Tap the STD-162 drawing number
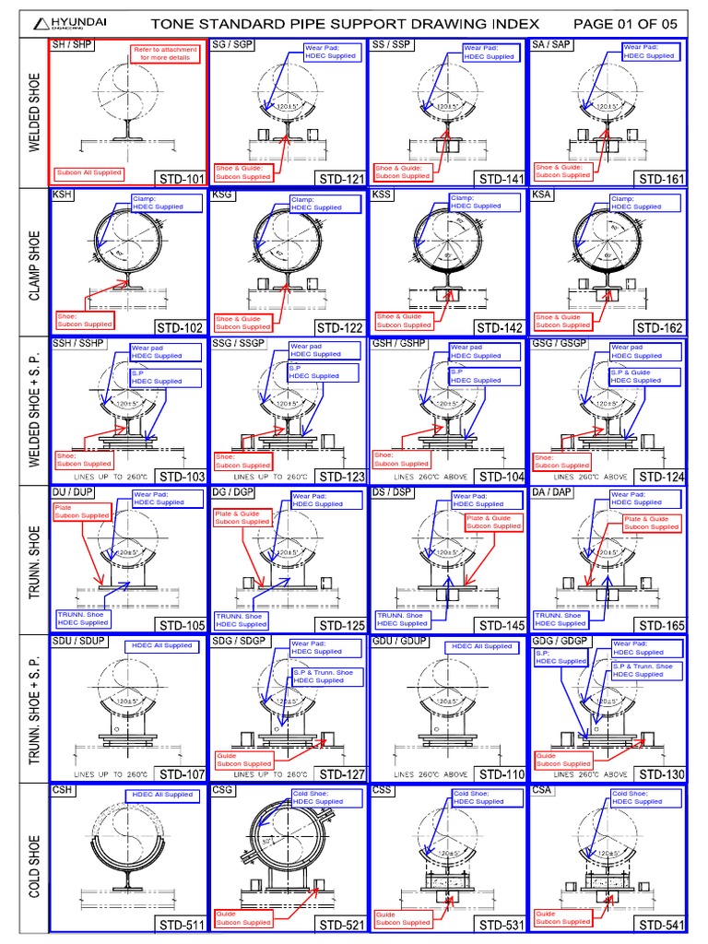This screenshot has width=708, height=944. [x=661, y=327]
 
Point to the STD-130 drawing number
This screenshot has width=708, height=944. [x=661, y=774]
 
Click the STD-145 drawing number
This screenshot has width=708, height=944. [x=501, y=626]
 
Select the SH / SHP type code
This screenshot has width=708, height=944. [x=72, y=44]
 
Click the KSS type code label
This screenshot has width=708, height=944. [x=383, y=195]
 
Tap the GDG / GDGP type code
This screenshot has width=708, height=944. [x=560, y=641]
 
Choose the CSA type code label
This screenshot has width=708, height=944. [x=544, y=790]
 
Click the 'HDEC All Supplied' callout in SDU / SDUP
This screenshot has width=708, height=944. [x=161, y=645]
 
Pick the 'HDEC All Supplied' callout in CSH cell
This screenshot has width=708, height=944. [x=162, y=794]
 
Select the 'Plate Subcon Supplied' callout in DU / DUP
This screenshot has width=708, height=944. [x=82, y=511]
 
